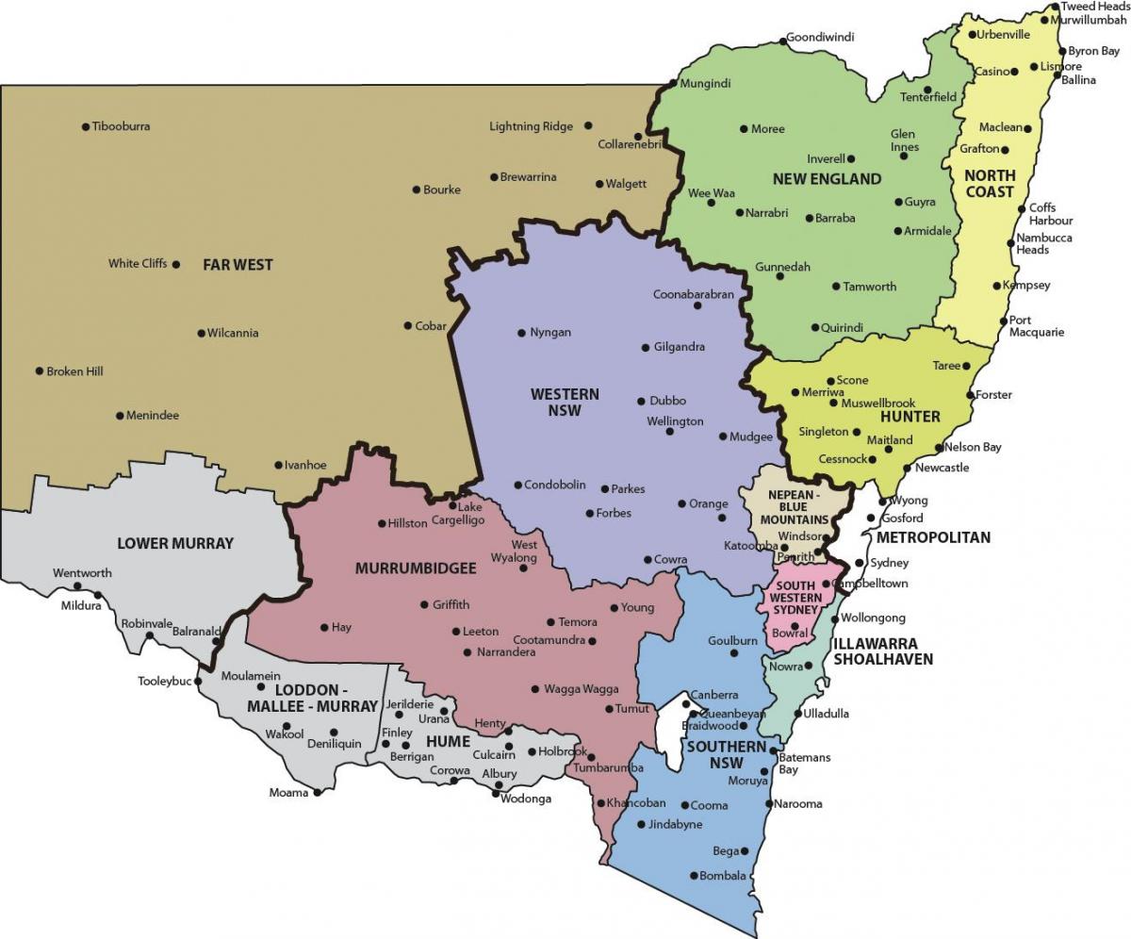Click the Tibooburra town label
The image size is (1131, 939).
pyautogui.click(x=121, y=126)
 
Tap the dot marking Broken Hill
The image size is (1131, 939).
pyautogui.click(x=40, y=371)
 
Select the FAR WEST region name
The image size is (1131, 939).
pyautogui.click(x=238, y=265)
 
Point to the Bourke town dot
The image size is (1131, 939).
pyautogui.click(x=417, y=189)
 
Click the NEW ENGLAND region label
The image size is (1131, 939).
pyautogui.click(x=827, y=178)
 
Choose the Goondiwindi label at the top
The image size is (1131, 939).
pyautogui.click(x=821, y=38)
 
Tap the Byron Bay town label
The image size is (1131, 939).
pyautogui.click(x=1093, y=52)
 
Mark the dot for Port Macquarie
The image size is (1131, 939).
pyautogui.click(x=1002, y=321)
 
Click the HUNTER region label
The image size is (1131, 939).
pyautogui.click(x=910, y=416)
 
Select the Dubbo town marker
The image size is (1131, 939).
pyautogui.click(x=641, y=401)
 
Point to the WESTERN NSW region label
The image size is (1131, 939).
pyautogui.click(x=565, y=402)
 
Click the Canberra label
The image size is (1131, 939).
pyautogui.click(x=714, y=696)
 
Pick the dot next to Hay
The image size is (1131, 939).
pyautogui.click(x=324, y=627)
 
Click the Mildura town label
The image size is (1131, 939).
pyautogui.click(x=80, y=605)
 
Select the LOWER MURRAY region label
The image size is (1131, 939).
pyautogui.click(x=175, y=543)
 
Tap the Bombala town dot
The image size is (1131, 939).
pyautogui.click(x=694, y=876)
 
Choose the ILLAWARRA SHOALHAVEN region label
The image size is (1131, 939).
pyautogui.click(x=882, y=651)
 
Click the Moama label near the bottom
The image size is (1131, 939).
pyautogui.click(x=288, y=793)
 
